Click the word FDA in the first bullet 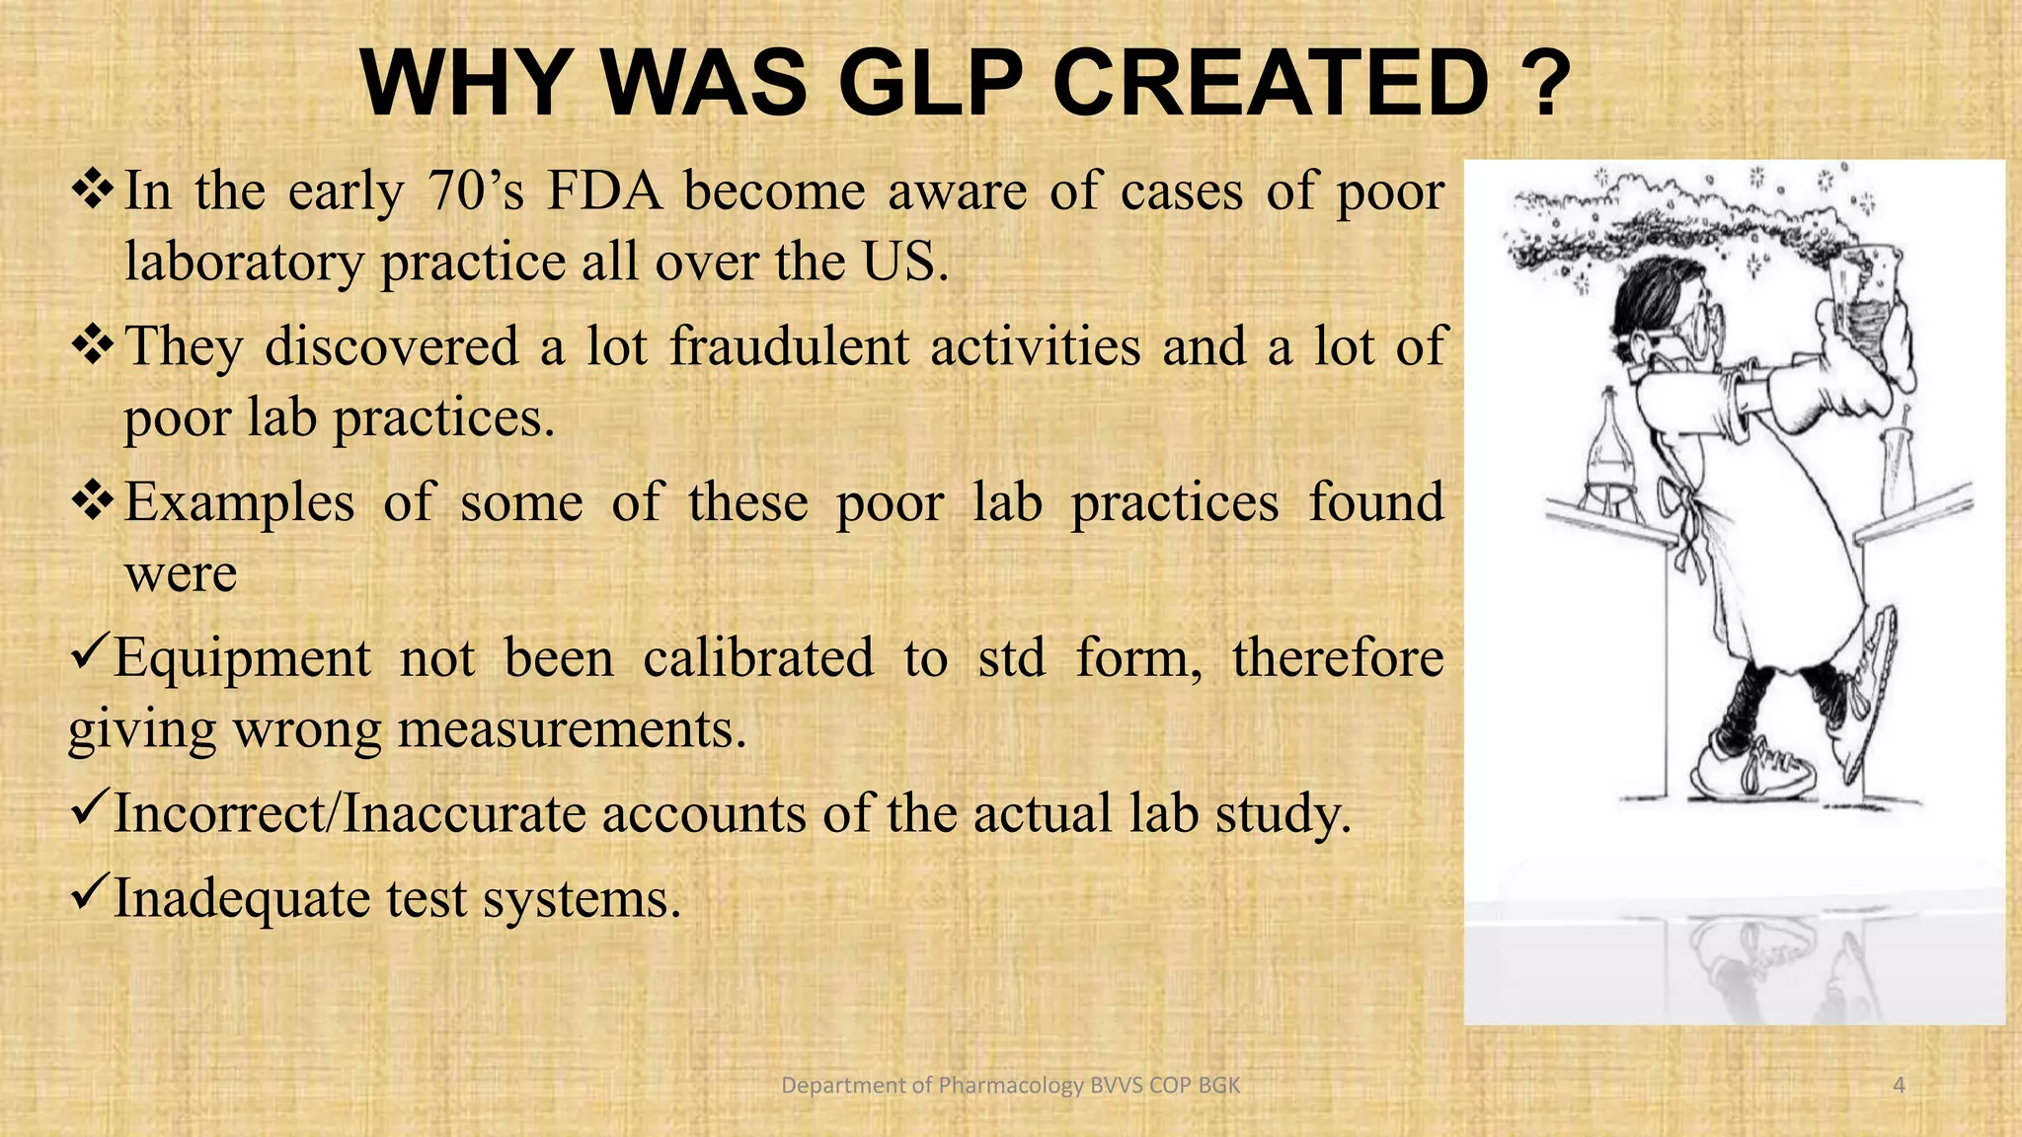click(x=604, y=190)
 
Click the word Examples click(x=239, y=502)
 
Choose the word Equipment click(x=243, y=658)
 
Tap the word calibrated click(x=758, y=658)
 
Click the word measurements click(x=572, y=730)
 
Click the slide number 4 click(x=1899, y=1086)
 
